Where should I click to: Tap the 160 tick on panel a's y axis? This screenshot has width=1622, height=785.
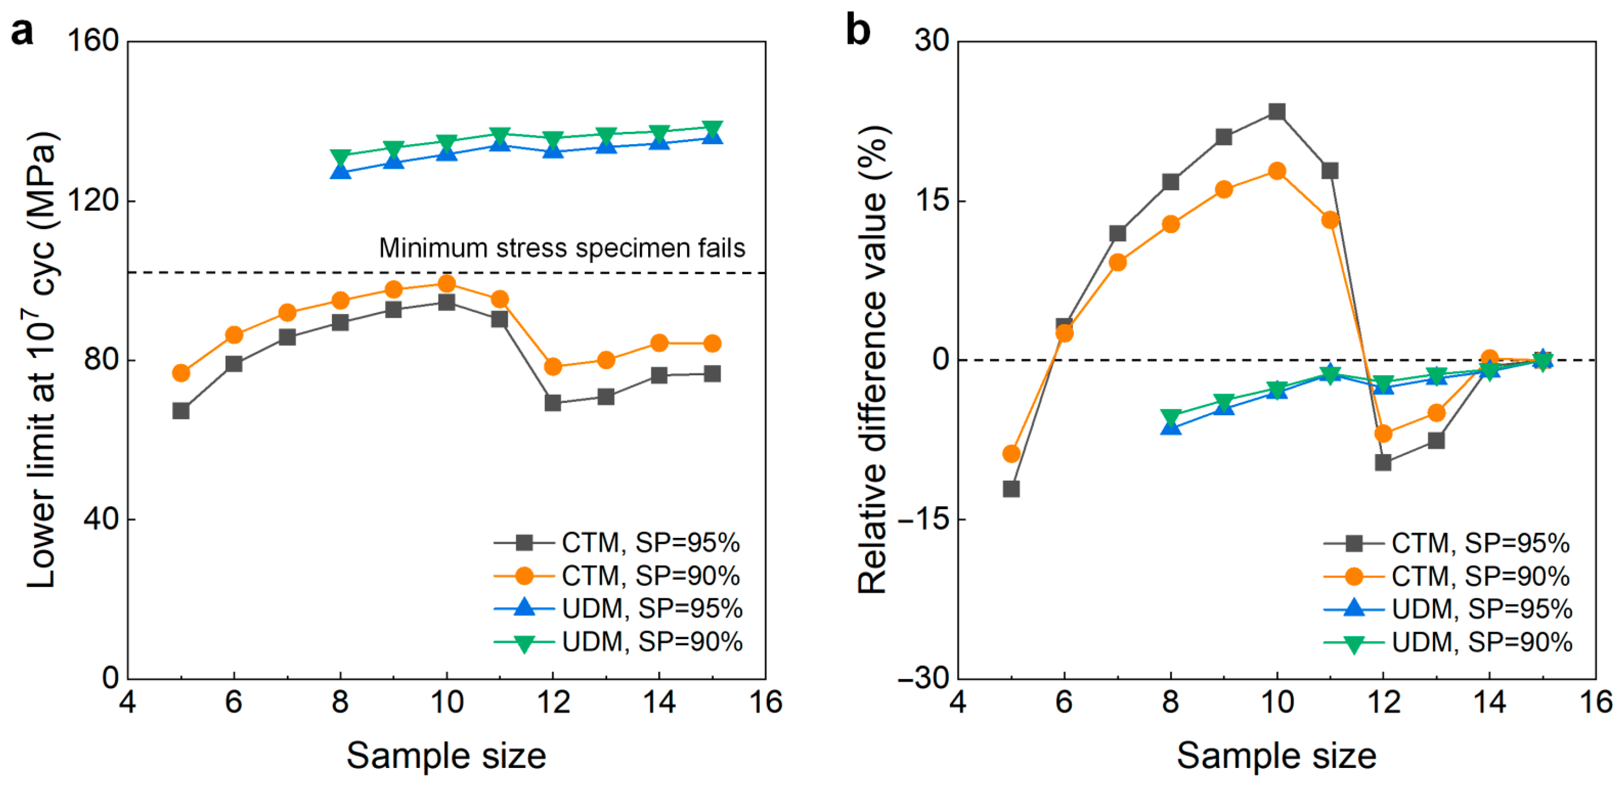point(93,41)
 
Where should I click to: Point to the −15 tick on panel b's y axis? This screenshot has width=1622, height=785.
point(924,519)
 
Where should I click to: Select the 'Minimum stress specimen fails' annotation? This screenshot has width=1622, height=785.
point(561,249)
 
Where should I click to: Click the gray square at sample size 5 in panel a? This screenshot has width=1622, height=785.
point(181,411)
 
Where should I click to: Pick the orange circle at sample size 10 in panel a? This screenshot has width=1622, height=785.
point(447,283)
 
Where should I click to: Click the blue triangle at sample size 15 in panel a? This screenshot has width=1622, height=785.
point(712,136)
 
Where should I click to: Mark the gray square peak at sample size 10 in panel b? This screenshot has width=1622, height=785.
point(1276,112)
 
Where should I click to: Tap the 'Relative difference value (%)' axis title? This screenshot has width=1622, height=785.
point(875,359)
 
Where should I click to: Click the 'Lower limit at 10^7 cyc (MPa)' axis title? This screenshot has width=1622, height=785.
point(42,359)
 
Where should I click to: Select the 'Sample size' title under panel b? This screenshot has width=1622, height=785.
point(1276,755)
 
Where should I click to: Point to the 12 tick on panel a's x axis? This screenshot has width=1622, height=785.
point(553,702)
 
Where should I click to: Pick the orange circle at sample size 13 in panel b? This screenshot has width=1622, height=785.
point(1436,413)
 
